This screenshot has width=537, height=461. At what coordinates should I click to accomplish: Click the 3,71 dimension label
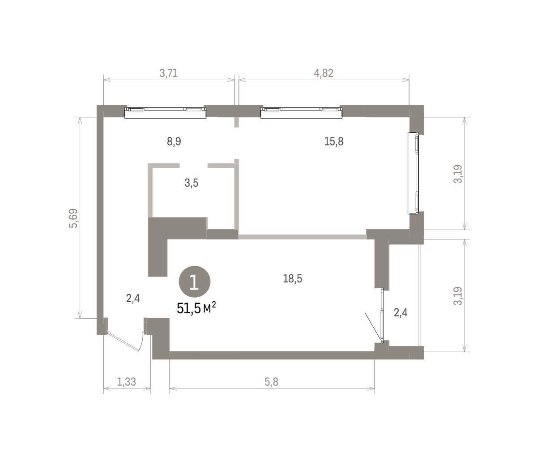[x=169, y=73]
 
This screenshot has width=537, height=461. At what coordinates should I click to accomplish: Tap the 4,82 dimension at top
[x=324, y=73]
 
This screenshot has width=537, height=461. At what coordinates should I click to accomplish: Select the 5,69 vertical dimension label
[x=73, y=218]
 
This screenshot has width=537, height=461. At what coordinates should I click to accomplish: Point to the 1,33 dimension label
[x=127, y=382]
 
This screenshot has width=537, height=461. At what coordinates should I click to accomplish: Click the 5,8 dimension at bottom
[x=272, y=382]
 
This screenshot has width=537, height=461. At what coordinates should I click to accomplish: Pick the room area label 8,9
[x=174, y=142]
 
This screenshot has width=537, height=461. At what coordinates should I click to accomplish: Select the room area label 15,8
[x=334, y=141]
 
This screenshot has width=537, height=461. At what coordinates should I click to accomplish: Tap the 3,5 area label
[x=192, y=183]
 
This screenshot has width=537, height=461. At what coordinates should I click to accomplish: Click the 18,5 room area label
[x=293, y=279]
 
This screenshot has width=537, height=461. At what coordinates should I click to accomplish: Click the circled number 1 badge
[x=195, y=282]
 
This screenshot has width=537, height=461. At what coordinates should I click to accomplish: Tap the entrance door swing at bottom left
[x=125, y=341]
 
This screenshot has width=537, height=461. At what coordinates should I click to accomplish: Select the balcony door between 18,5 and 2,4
[x=382, y=315]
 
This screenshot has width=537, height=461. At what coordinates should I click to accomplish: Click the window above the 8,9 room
[x=165, y=113]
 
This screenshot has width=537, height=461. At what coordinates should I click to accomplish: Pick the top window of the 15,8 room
[x=301, y=113]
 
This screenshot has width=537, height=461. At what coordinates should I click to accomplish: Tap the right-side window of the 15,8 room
[x=413, y=173]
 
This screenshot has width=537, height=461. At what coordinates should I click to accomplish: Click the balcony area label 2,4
[x=401, y=312]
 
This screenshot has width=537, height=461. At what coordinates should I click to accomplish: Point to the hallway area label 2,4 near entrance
[x=133, y=299]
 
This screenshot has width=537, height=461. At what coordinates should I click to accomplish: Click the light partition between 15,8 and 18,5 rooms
[x=303, y=237]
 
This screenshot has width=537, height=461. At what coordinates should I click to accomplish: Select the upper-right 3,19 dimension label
[x=458, y=174]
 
